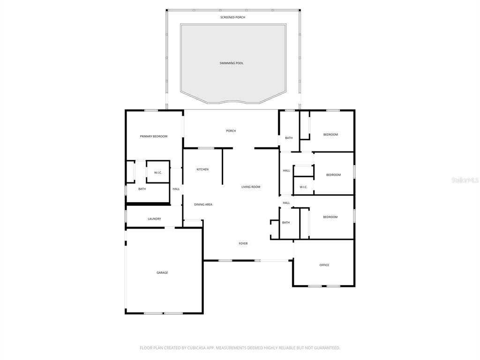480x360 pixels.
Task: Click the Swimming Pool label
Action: [x=232, y=63]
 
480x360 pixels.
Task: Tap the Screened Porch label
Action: [x=233, y=17]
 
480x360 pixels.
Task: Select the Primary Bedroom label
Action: [x=154, y=136]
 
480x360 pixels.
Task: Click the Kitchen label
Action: [x=202, y=169]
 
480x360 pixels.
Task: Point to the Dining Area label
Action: [x=203, y=204]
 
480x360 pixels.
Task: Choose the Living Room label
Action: [x=251, y=187]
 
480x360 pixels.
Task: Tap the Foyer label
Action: [x=243, y=244]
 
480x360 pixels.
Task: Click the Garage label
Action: [x=162, y=273]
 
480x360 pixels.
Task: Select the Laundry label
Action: [x=154, y=219]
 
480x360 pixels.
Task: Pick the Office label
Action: [x=324, y=265]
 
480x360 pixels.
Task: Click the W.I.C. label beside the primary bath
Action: [x=158, y=173]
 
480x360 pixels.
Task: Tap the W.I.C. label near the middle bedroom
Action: [x=303, y=187]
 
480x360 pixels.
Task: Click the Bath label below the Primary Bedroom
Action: [x=142, y=189]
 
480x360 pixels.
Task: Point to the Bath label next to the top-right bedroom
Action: [x=289, y=138]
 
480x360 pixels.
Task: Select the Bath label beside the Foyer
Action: [x=286, y=223]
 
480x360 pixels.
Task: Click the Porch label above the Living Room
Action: [x=231, y=131]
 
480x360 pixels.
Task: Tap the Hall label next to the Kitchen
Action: [x=176, y=189]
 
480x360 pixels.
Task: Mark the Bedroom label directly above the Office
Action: [x=330, y=217]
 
